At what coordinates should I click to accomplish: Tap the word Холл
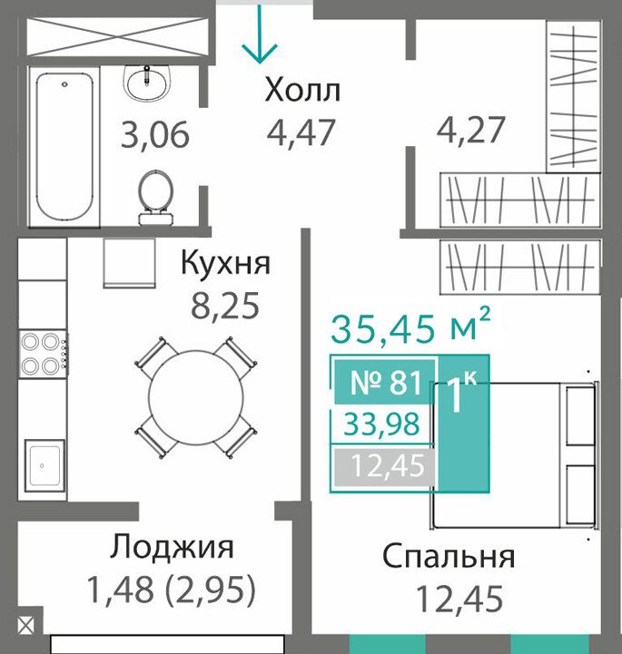coord(302,91)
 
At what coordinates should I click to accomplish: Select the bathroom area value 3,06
coord(155,134)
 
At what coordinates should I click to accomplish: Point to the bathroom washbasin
coord(147,83)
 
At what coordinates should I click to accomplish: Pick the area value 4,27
coord(471,130)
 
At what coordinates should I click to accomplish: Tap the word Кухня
coord(226,263)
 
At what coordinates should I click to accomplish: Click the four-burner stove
coord(44,354)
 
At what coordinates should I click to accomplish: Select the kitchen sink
coord(44,464)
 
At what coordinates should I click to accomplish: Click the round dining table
coord(196,397)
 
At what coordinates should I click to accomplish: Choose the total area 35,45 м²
coord(410,327)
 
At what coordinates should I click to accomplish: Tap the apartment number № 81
coord(386,383)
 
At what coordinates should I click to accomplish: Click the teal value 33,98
coord(381,424)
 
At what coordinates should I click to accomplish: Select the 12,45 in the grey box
coord(388,465)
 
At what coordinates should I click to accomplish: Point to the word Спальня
coord(449,557)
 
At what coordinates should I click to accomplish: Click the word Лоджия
coord(172,549)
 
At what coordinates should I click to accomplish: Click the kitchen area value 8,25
coord(225,306)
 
